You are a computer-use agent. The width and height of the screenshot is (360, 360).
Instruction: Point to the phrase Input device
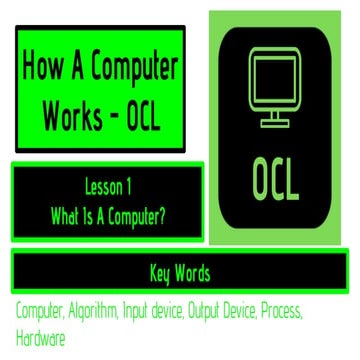click(x=165, y=313)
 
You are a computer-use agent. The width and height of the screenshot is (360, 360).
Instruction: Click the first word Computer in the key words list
click(x=39, y=313)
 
